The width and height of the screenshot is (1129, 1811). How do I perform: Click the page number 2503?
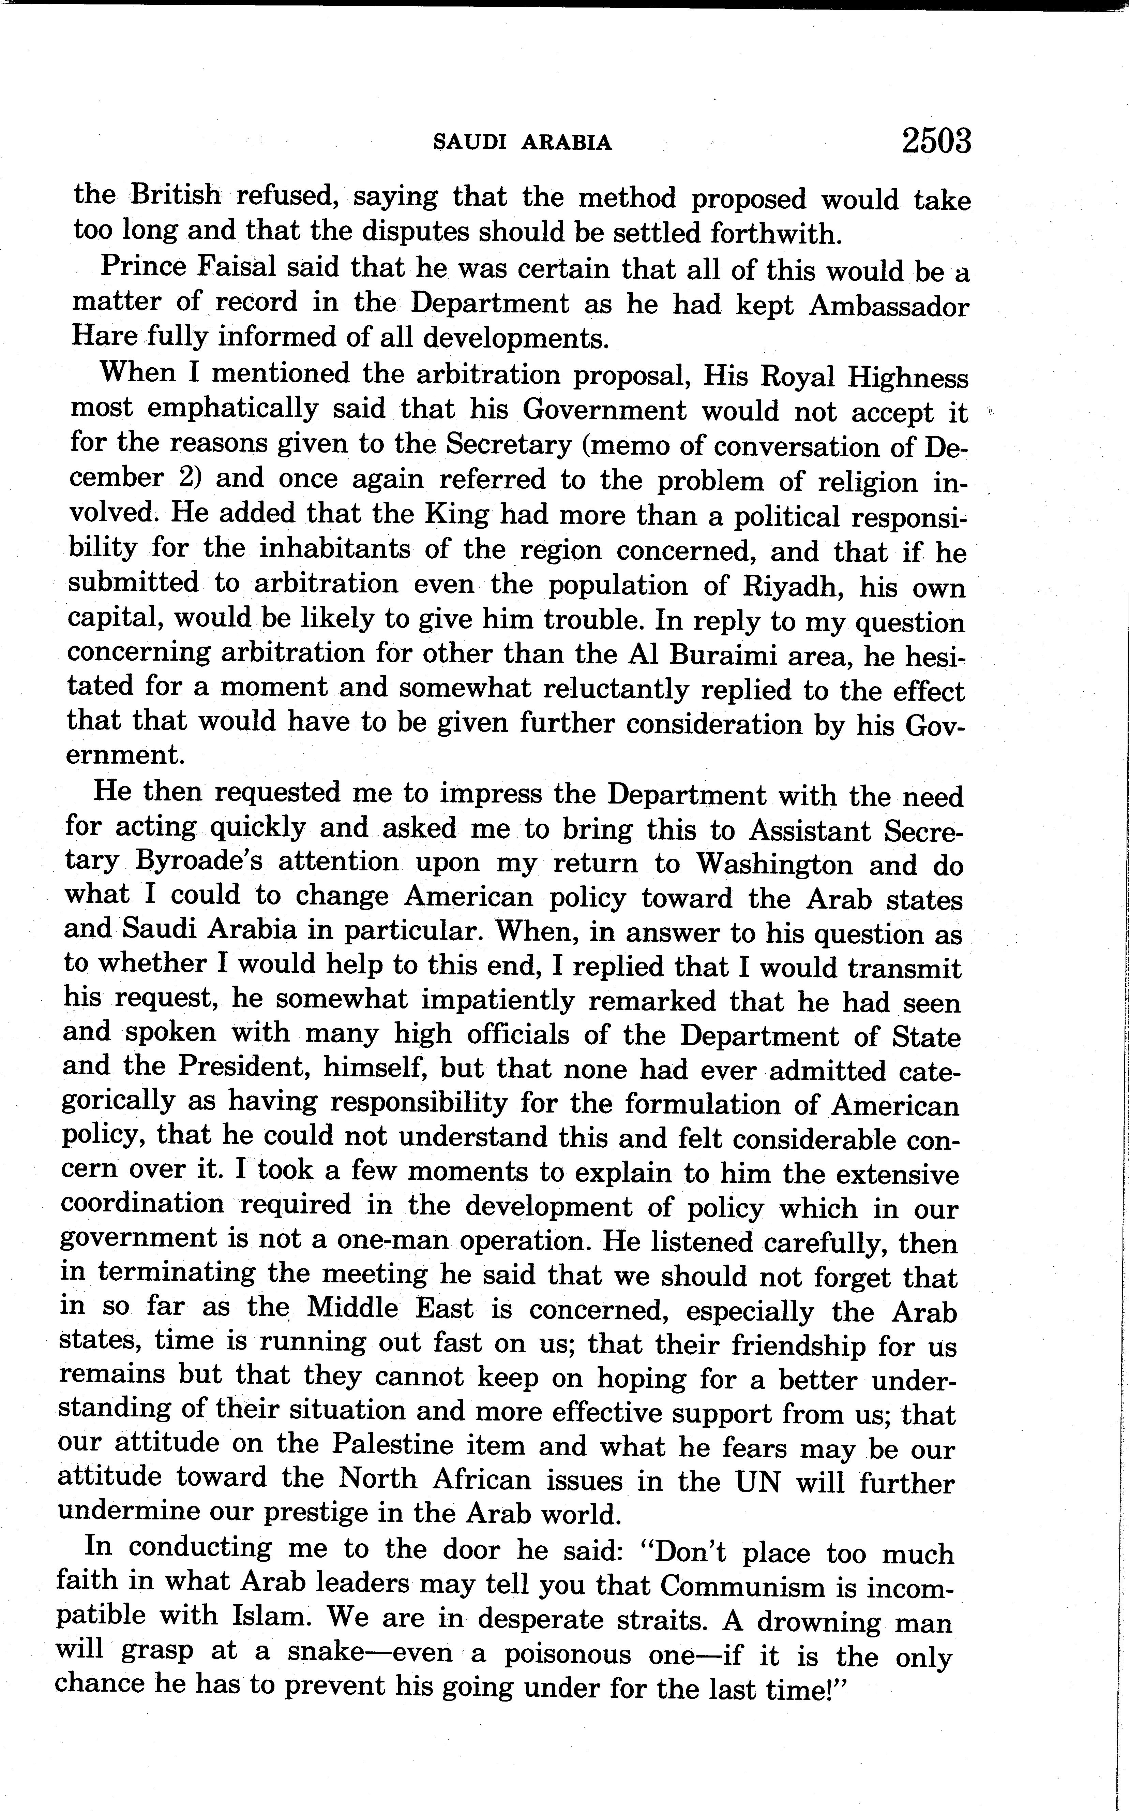tap(936, 141)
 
